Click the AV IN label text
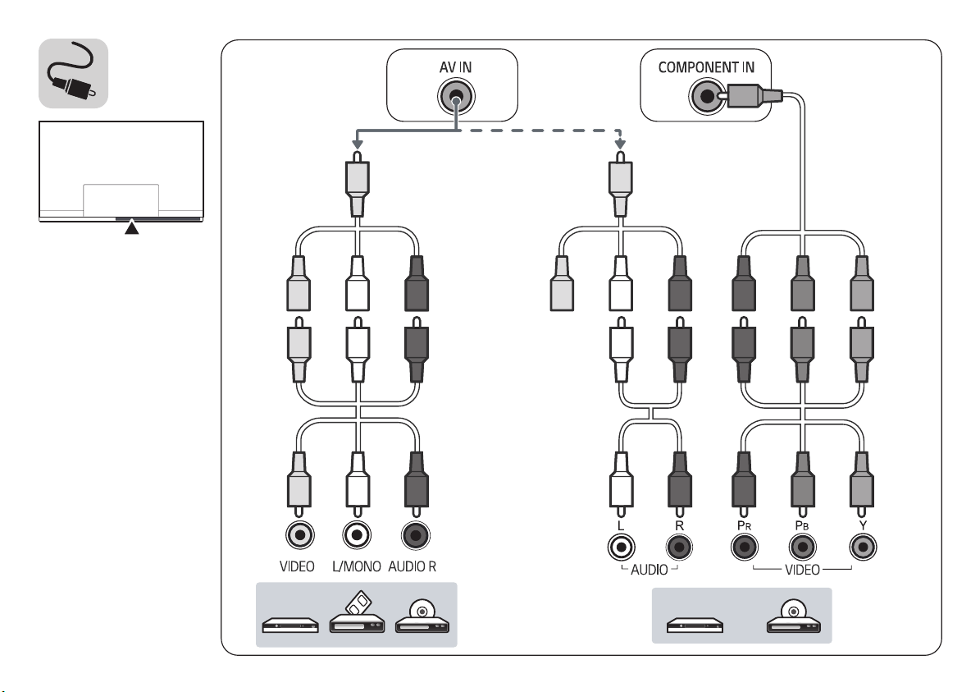[456, 67]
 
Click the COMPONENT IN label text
[706, 67]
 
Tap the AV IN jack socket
[456, 98]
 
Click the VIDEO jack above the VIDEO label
[300, 535]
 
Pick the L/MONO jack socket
[357, 535]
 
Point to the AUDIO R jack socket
[416, 535]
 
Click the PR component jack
[745, 548]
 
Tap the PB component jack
[803, 548]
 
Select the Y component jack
[863, 548]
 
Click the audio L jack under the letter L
[622, 548]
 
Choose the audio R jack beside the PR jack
[679, 548]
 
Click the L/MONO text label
[356, 567]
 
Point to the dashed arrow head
[620, 144]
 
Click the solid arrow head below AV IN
[357, 144]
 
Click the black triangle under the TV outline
[131, 228]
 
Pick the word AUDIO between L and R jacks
[650, 570]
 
